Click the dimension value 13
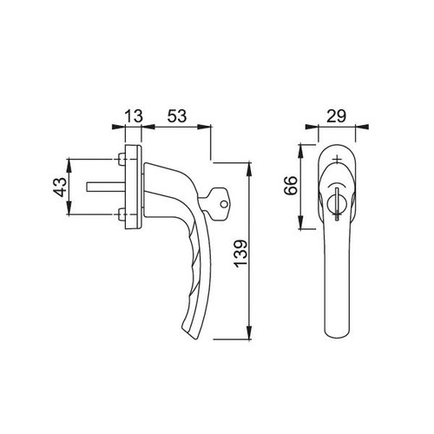134,116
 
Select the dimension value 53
177,116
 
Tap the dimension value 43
61,187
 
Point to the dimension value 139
241,253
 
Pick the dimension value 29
337,116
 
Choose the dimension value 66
291,186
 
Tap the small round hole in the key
223,204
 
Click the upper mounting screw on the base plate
122,159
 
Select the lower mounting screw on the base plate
122,214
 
